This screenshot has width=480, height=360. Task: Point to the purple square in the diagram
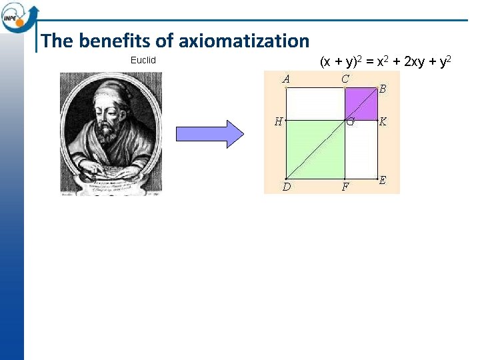pyautogui.click(x=361, y=104)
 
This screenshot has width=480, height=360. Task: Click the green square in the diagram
pyautogui.click(x=315, y=150)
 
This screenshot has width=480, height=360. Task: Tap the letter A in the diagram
pyautogui.click(x=286, y=79)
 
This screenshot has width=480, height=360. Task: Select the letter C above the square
pyautogui.click(x=345, y=79)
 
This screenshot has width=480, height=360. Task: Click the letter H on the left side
pyautogui.click(x=279, y=121)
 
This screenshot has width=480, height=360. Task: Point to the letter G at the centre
pyautogui.click(x=350, y=122)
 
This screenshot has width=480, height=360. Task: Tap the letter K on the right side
pyautogui.click(x=383, y=122)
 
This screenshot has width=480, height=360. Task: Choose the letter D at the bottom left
pyautogui.click(x=286, y=187)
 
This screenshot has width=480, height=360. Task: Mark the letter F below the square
pyautogui.click(x=345, y=187)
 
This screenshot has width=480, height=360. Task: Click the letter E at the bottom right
pyautogui.click(x=383, y=181)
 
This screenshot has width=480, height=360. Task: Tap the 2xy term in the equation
pyautogui.click(x=417, y=63)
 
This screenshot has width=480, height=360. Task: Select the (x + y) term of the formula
pyautogui.click(x=339, y=63)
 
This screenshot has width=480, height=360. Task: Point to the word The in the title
pyautogui.click(x=55, y=41)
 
